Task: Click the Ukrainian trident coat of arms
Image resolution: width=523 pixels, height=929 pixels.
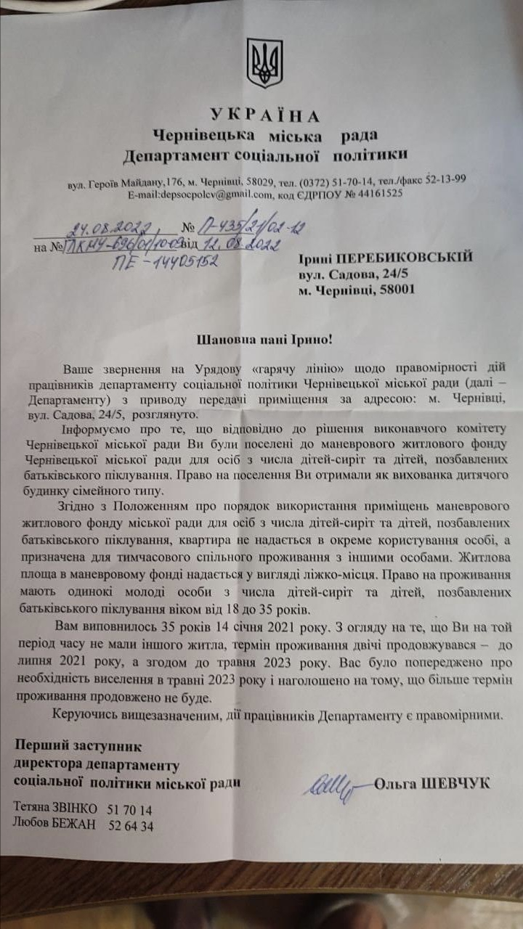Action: click(x=264, y=64)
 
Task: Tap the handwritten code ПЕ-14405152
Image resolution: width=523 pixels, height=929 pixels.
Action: click(x=164, y=262)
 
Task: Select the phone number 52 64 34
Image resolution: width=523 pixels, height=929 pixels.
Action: click(x=130, y=825)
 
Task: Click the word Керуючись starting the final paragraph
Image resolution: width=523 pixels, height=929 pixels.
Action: click(x=89, y=716)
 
